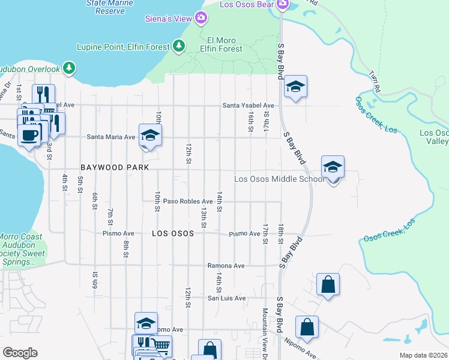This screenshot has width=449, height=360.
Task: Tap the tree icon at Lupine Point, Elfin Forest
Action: coord(178,46)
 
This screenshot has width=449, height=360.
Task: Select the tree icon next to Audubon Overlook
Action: coord(70,68)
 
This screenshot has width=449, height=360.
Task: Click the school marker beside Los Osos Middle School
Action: coord(333,167)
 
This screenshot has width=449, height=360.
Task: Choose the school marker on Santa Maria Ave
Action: coord(150,136)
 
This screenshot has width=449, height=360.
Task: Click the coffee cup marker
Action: coord(29,134)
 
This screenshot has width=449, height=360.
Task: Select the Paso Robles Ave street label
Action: coord(188,202)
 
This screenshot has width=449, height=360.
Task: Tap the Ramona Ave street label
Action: coord(226,265)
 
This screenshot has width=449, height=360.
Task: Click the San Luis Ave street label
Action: coord(226,298)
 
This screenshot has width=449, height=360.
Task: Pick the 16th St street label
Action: coord(250,122)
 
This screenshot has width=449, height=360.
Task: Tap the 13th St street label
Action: coord(204,218)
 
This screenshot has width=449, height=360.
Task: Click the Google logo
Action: coord(20,353)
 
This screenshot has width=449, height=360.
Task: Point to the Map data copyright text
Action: coord(424,355)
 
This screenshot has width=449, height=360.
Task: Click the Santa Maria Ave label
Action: coord(111,137)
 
